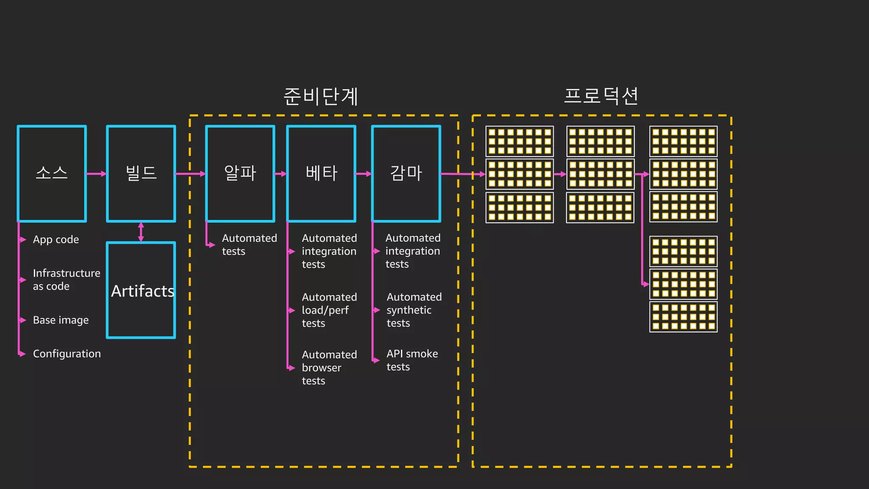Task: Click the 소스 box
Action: point(52,174)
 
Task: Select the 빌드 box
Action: point(141,174)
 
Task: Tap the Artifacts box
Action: point(141,290)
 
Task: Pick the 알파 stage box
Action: point(240,174)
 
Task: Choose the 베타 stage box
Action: point(321,174)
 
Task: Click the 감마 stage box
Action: point(406,174)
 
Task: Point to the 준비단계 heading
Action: point(321,96)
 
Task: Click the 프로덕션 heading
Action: point(601,96)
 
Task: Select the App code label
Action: point(56,240)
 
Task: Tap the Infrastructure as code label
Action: point(66,280)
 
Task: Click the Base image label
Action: point(61,320)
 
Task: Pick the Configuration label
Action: point(67,354)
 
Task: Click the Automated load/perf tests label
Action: point(329,310)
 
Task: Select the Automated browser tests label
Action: point(329,368)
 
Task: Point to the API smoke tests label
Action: point(412,360)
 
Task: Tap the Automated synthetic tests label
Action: point(414,310)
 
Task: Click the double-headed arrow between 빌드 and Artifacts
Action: point(141,232)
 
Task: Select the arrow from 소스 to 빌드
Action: point(96,174)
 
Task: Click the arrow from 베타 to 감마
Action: point(364,174)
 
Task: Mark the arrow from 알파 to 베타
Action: point(280,174)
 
